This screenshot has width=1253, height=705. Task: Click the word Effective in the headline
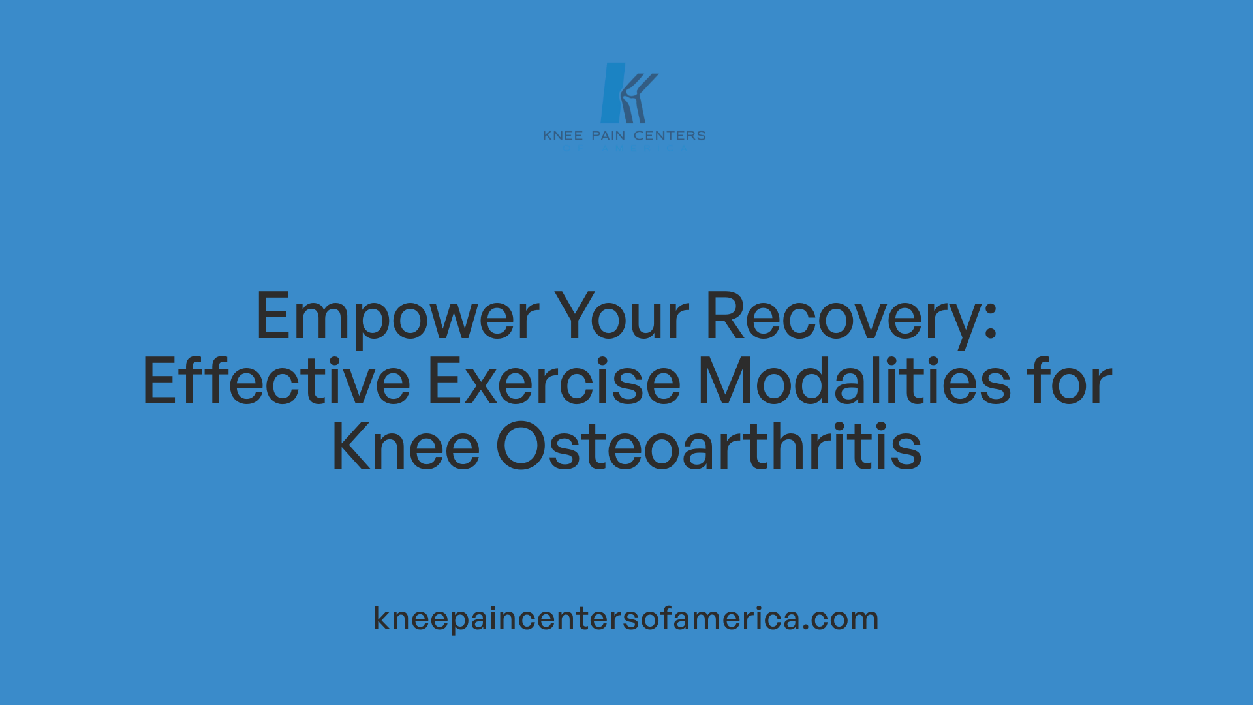click(276, 382)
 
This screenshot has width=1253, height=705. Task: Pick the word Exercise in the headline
click(554, 382)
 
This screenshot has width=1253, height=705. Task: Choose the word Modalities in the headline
click(854, 382)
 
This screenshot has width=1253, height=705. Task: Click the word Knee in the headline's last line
click(405, 447)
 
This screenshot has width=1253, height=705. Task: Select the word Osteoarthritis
click(709, 447)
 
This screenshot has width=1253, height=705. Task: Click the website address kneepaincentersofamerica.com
click(626, 618)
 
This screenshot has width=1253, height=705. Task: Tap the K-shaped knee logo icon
click(628, 93)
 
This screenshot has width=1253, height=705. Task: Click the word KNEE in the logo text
click(563, 136)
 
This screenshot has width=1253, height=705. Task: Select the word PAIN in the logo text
click(608, 136)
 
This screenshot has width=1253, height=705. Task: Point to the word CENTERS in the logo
click(670, 136)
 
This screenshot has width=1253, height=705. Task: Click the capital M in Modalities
click(724, 382)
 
